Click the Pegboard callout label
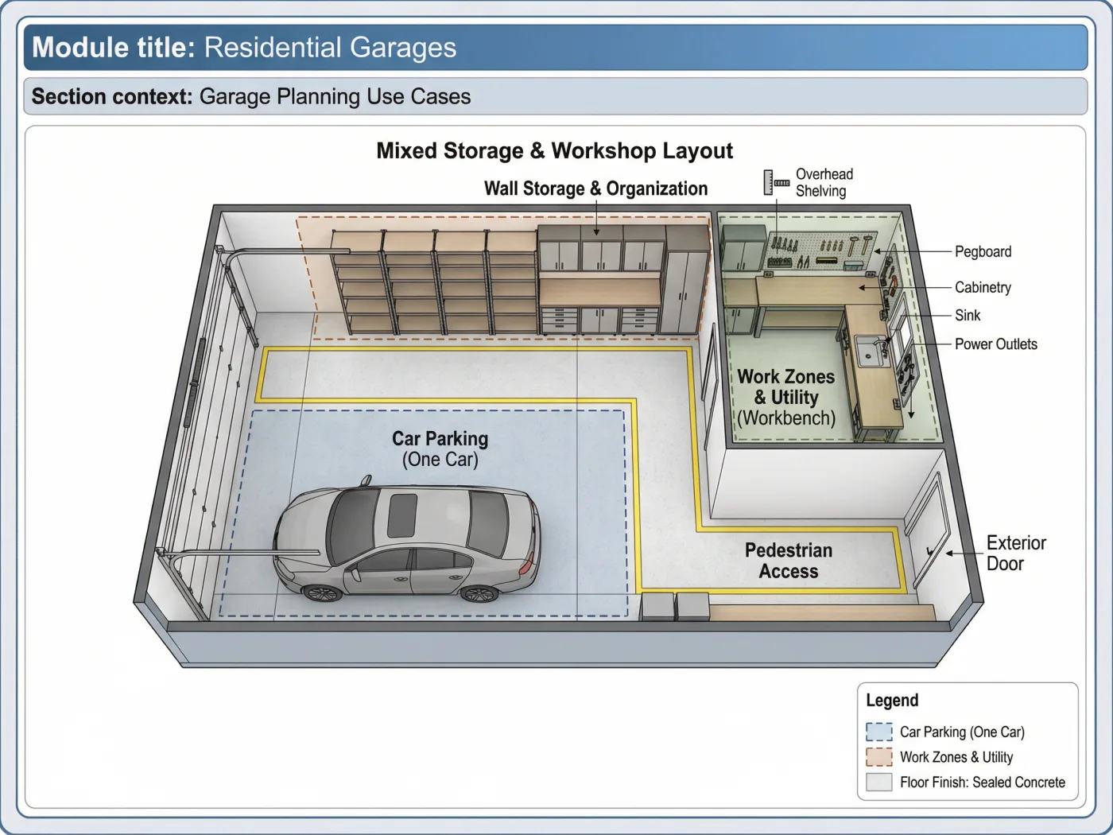(983, 251)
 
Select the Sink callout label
(968, 316)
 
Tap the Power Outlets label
(996, 344)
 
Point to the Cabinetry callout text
(983, 287)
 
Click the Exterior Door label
(1016, 553)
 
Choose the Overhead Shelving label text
(824, 183)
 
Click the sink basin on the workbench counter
(870, 351)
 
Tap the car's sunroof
(402, 516)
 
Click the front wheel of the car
(322, 592)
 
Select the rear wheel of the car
(478, 592)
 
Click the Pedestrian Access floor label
(789, 561)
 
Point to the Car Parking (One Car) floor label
(440, 449)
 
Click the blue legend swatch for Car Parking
(878, 732)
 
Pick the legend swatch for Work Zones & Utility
(878, 757)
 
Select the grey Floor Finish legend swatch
(878, 783)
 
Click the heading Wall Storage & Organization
(595, 188)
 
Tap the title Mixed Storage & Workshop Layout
(554, 150)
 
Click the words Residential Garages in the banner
(330, 47)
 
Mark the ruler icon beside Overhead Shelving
(776, 183)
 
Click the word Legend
(892, 700)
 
